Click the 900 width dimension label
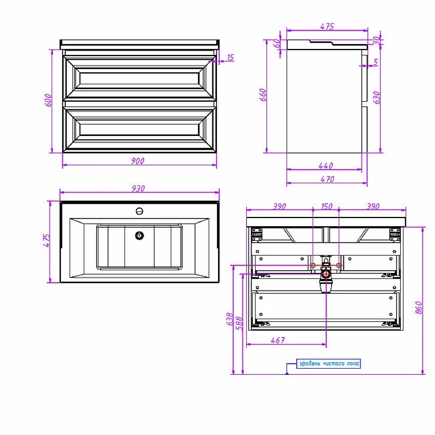tap(138, 161)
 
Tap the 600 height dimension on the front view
tap(48, 100)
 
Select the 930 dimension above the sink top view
tap(138, 188)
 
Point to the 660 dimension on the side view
tap(263, 95)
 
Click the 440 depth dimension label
tap(326, 166)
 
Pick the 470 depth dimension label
tap(327, 179)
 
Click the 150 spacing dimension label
tap(327, 207)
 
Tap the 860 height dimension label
tap(419, 307)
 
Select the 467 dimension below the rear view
tap(278, 340)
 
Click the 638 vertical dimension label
tap(229, 319)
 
